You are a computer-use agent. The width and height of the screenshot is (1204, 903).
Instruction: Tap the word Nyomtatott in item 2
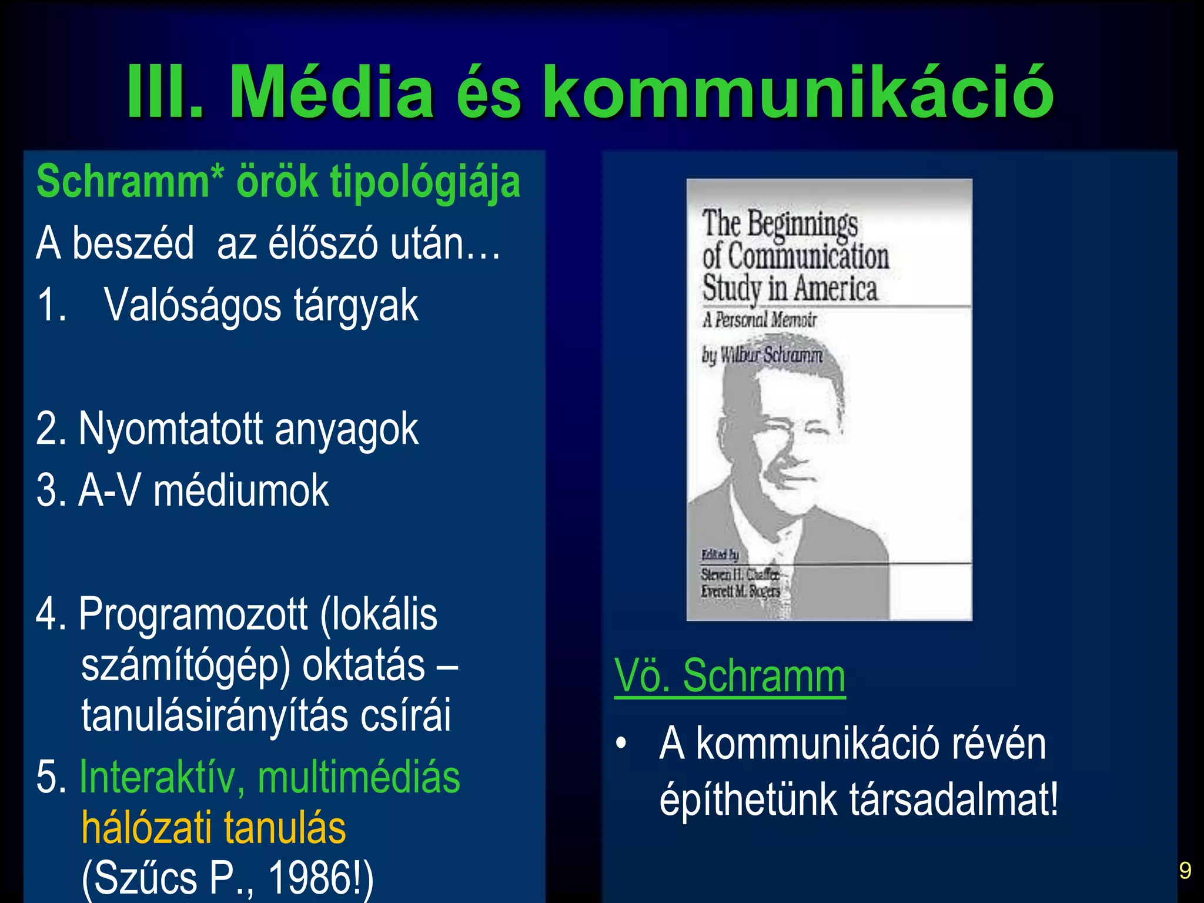click(x=170, y=429)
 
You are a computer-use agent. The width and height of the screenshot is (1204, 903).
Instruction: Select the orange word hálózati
click(x=146, y=828)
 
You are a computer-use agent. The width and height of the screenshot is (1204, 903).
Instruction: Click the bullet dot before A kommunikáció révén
click(x=621, y=744)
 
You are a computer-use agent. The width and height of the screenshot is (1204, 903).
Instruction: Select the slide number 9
click(x=1185, y=871)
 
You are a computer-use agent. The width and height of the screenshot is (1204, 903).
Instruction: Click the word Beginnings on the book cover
click(x=802, y=225)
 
